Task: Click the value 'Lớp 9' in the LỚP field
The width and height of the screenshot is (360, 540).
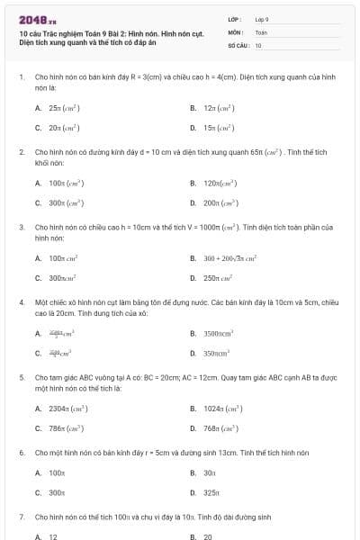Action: (x=262, y=18)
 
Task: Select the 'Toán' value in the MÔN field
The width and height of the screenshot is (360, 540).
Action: (x=261, y=31)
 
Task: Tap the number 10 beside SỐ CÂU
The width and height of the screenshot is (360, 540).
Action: (x=258, y=44)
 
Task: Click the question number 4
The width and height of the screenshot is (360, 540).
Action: (x=21, y=302)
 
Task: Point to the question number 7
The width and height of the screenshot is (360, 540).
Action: (x=21, y=517)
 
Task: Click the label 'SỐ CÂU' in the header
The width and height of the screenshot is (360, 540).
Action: (x=238, y=44)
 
